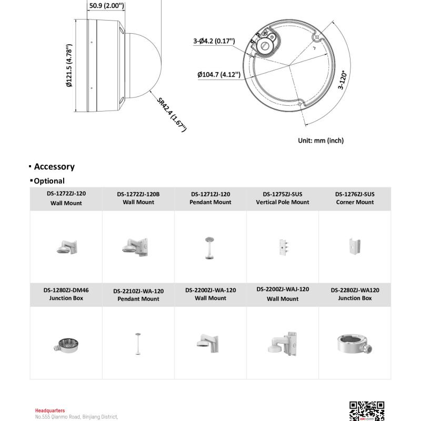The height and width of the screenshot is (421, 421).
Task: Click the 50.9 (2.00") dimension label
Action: click(106, 6)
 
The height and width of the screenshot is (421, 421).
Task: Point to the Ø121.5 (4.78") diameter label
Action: click(68, 66)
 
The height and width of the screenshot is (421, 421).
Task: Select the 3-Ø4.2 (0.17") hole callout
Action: click(214, 41)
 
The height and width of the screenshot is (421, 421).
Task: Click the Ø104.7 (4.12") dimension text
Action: click(219, 74)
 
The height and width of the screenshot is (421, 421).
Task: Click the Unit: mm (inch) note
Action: click(320, 141)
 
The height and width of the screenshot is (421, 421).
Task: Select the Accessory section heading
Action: click(54, 167)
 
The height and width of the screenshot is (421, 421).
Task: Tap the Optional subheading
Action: click(49, 181)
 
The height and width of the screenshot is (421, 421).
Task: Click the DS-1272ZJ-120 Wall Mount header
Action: click(66, 198)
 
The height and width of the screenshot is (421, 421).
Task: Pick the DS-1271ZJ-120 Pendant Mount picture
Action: click(210, 247)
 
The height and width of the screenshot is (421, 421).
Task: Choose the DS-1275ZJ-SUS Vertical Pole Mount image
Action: click(283, 247)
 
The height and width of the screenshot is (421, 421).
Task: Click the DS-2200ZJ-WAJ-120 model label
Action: click(283, 289)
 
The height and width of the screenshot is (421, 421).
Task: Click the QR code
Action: click(367, 411)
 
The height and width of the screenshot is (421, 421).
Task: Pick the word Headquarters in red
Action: click(50, 410)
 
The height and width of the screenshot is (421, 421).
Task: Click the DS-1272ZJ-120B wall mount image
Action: click(137, 247)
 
